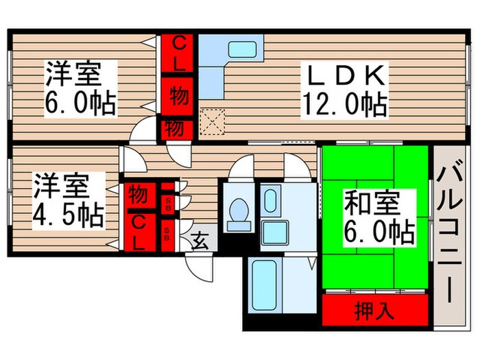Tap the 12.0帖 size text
click(345, 105)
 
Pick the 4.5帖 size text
click(69, 215)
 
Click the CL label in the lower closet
click(139, 231)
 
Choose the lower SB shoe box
click(168, 232)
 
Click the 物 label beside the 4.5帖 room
click(138, 195)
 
